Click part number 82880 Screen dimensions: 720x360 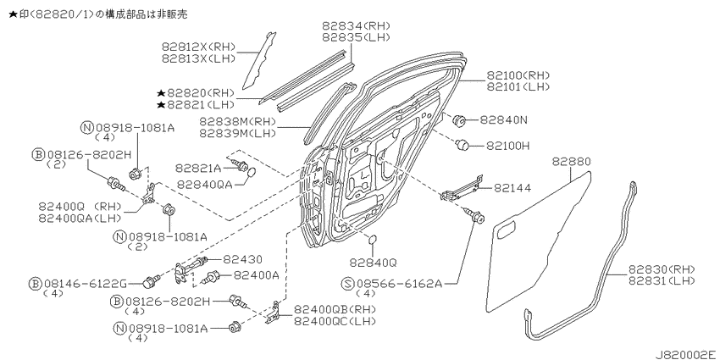click(x=571, y=162)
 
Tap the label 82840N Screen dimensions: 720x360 click(x=504, y=120)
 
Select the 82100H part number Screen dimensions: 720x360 click(x=508, y=146)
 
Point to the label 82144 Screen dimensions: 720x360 click(x=512, y=188)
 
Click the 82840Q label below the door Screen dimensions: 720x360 click(x=373, y=263)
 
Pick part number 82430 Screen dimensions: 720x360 click(x=242, y=260)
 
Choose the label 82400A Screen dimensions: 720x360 click(x=257, y=275)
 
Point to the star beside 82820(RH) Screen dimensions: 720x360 click(x=161, y=92)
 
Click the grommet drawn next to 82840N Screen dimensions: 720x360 click(x=459, y=121)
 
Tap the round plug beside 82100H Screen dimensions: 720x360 click(x=462, y=145)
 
